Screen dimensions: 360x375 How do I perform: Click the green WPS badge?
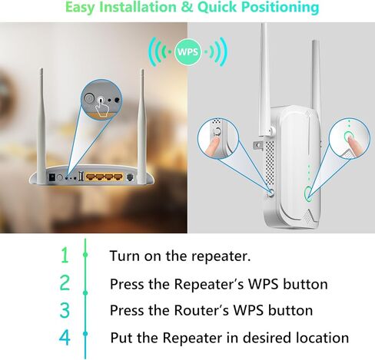[x=187, y=53]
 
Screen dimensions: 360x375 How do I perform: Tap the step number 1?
[x=65, y=255]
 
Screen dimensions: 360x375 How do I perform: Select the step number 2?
[x=65, y=283]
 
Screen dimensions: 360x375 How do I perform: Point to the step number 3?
[x=65, y=310]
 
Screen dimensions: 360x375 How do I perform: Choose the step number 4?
[x=65, y=338]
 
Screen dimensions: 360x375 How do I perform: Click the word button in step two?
[x=303, y=284]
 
